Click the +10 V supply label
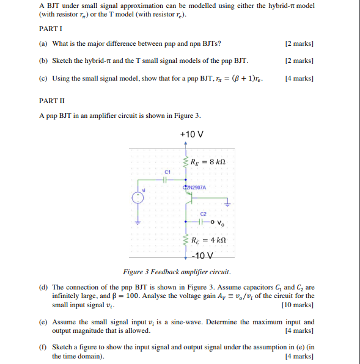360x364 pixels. pyautogui.click(x=192, y=134)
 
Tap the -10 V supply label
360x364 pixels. pyautogui.click(x=203, y=255)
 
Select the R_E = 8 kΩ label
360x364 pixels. pyautogui.click(x=209, y=162)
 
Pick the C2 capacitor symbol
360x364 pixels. pyautogui.click(x=204, y=220)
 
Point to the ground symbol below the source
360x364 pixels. pyautogui.click(x=138, y=223)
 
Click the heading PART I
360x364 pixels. pyautogui.click(x=51, y=29)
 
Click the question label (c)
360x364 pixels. pyautogui.click(x=43, y=78)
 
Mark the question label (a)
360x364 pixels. pyautogui.click(x=43, y=43)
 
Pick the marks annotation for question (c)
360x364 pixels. pyautogui.click(x=299, y=78)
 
